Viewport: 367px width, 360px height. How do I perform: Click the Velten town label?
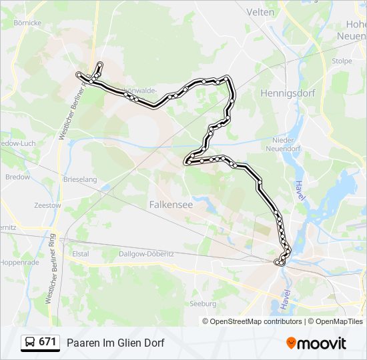click(260, 12)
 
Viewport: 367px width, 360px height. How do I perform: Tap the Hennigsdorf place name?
click(288, 93)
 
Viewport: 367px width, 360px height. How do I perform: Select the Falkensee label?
click(171, 205)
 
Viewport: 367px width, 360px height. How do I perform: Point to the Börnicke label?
click(27, 23)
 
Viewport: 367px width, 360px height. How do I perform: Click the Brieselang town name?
click(79, 179)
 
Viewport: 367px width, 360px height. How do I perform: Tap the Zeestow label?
click(47, 205)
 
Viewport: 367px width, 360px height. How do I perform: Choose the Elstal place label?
click(80, 253)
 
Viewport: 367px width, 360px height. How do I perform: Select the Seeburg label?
click(203, 303)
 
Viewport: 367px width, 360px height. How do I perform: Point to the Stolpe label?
click(341, 61)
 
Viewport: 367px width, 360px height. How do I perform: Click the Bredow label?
click(17, 177)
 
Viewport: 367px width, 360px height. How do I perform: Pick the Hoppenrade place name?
click(19, 262)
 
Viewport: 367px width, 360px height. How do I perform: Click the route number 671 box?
click(47, 342)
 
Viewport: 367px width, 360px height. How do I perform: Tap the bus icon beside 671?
click(30, 343)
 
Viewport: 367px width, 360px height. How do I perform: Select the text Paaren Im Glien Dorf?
click(115, 343)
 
